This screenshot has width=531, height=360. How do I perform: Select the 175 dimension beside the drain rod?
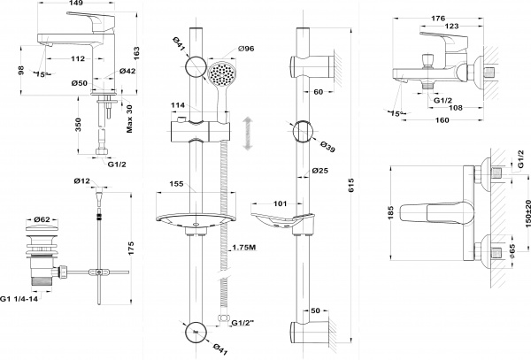tap(128, 244)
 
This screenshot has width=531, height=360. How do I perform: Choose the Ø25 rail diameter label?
tap(319, 171)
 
